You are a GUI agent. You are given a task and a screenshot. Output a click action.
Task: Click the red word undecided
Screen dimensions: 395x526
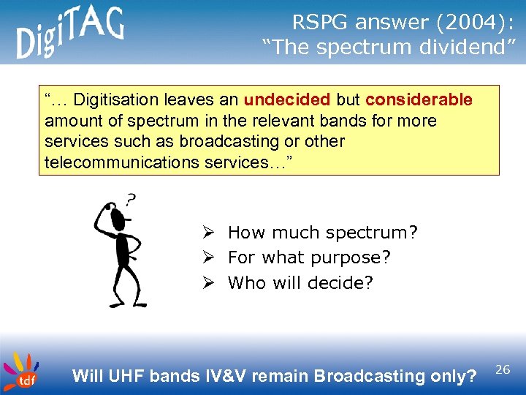click(x=287, y=99)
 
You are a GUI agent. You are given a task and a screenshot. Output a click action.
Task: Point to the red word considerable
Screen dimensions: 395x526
click(x=419, y=99)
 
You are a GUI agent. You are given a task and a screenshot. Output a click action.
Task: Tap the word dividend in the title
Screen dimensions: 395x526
click(x=472, y=48)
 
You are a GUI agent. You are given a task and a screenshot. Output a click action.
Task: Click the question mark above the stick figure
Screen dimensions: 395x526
click(x=131, y=198)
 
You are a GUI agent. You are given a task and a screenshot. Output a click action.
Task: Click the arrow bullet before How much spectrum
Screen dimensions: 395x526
click(x=208, y=233)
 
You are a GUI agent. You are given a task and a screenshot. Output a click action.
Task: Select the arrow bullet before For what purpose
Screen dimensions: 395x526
click(x=208, y=257)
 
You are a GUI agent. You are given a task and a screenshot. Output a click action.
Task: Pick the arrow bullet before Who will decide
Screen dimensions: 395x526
click(x=208, y=282)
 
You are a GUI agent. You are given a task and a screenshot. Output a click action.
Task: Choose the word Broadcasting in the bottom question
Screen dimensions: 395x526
click(x=368, y=376)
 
